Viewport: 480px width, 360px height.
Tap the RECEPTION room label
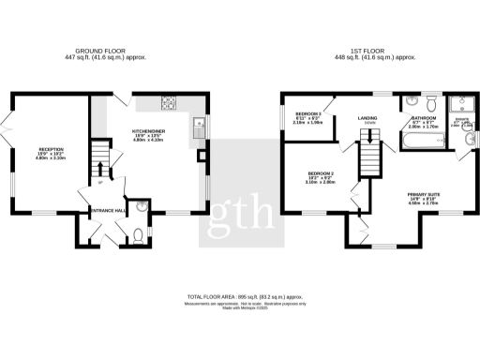click(x=51, y=149)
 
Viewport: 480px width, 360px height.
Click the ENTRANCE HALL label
click(x=108, y=211)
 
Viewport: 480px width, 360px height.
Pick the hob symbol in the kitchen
click(x=170, y=102)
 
